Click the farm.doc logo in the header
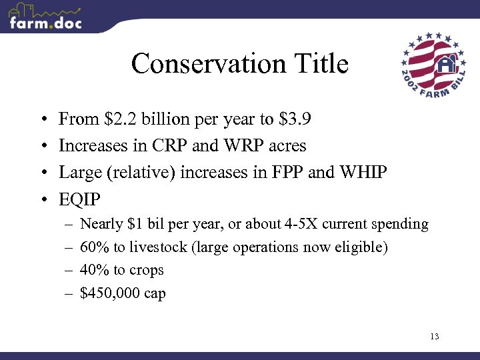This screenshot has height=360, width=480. (45, 17)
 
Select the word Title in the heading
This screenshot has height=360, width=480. (319, 64)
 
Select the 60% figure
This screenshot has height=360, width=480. (93, 247)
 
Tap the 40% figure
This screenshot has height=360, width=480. (93, 270)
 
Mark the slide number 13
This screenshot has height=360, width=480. (434, 336)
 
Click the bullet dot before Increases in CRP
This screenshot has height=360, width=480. (43, 146)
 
